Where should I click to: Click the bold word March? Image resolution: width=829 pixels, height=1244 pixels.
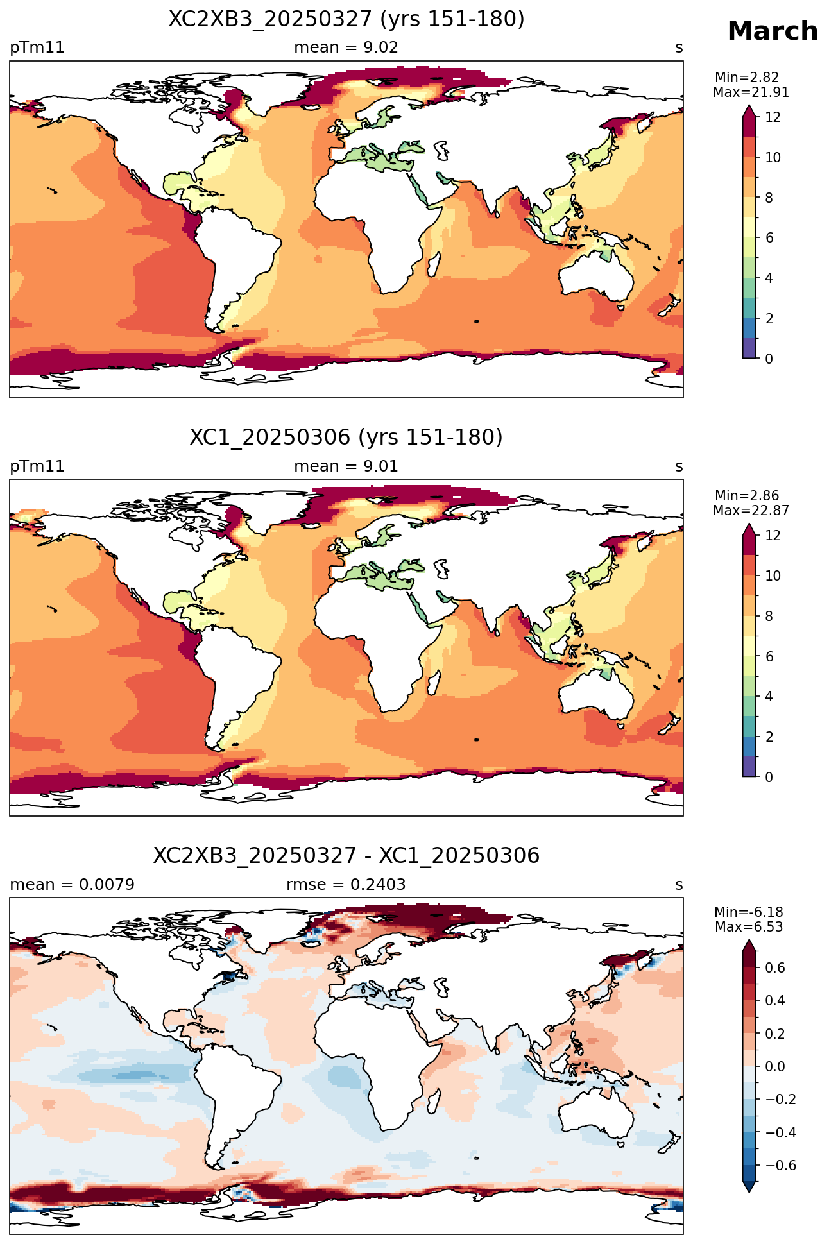[x=773, y=31]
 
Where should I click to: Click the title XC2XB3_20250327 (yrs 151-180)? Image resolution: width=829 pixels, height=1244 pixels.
[x=346, y=19]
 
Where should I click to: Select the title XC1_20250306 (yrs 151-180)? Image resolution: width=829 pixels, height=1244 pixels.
[x=346, y=438]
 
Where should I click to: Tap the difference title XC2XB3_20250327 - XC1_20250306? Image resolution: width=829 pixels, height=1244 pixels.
[x=346, y=856]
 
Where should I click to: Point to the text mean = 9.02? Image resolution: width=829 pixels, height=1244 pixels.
[x=346, y=47]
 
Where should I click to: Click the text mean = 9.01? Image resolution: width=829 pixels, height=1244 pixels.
[x=346, y=466]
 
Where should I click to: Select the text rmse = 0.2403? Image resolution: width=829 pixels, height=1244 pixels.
[x=346, y=885]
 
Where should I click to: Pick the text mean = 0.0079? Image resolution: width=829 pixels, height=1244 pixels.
[x=72, y=885]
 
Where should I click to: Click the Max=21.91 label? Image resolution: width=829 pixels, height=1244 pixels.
[x=751, y=92]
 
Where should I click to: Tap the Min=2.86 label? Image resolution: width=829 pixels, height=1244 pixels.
[x=747, y=496]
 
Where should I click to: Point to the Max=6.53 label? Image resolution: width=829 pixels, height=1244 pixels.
[x=749, y=927]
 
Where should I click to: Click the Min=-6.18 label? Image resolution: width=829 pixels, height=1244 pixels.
[x=749, y=912]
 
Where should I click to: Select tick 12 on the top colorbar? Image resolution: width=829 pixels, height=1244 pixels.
[x=773, y=117]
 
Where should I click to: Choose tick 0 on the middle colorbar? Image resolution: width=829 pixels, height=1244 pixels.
[x=769, y=777]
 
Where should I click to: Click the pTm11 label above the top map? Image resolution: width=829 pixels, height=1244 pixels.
[x=37, y=48]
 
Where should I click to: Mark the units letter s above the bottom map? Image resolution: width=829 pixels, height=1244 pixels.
[x=679, y=885]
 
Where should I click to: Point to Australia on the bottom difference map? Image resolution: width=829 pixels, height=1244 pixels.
[x=595, y=1112]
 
